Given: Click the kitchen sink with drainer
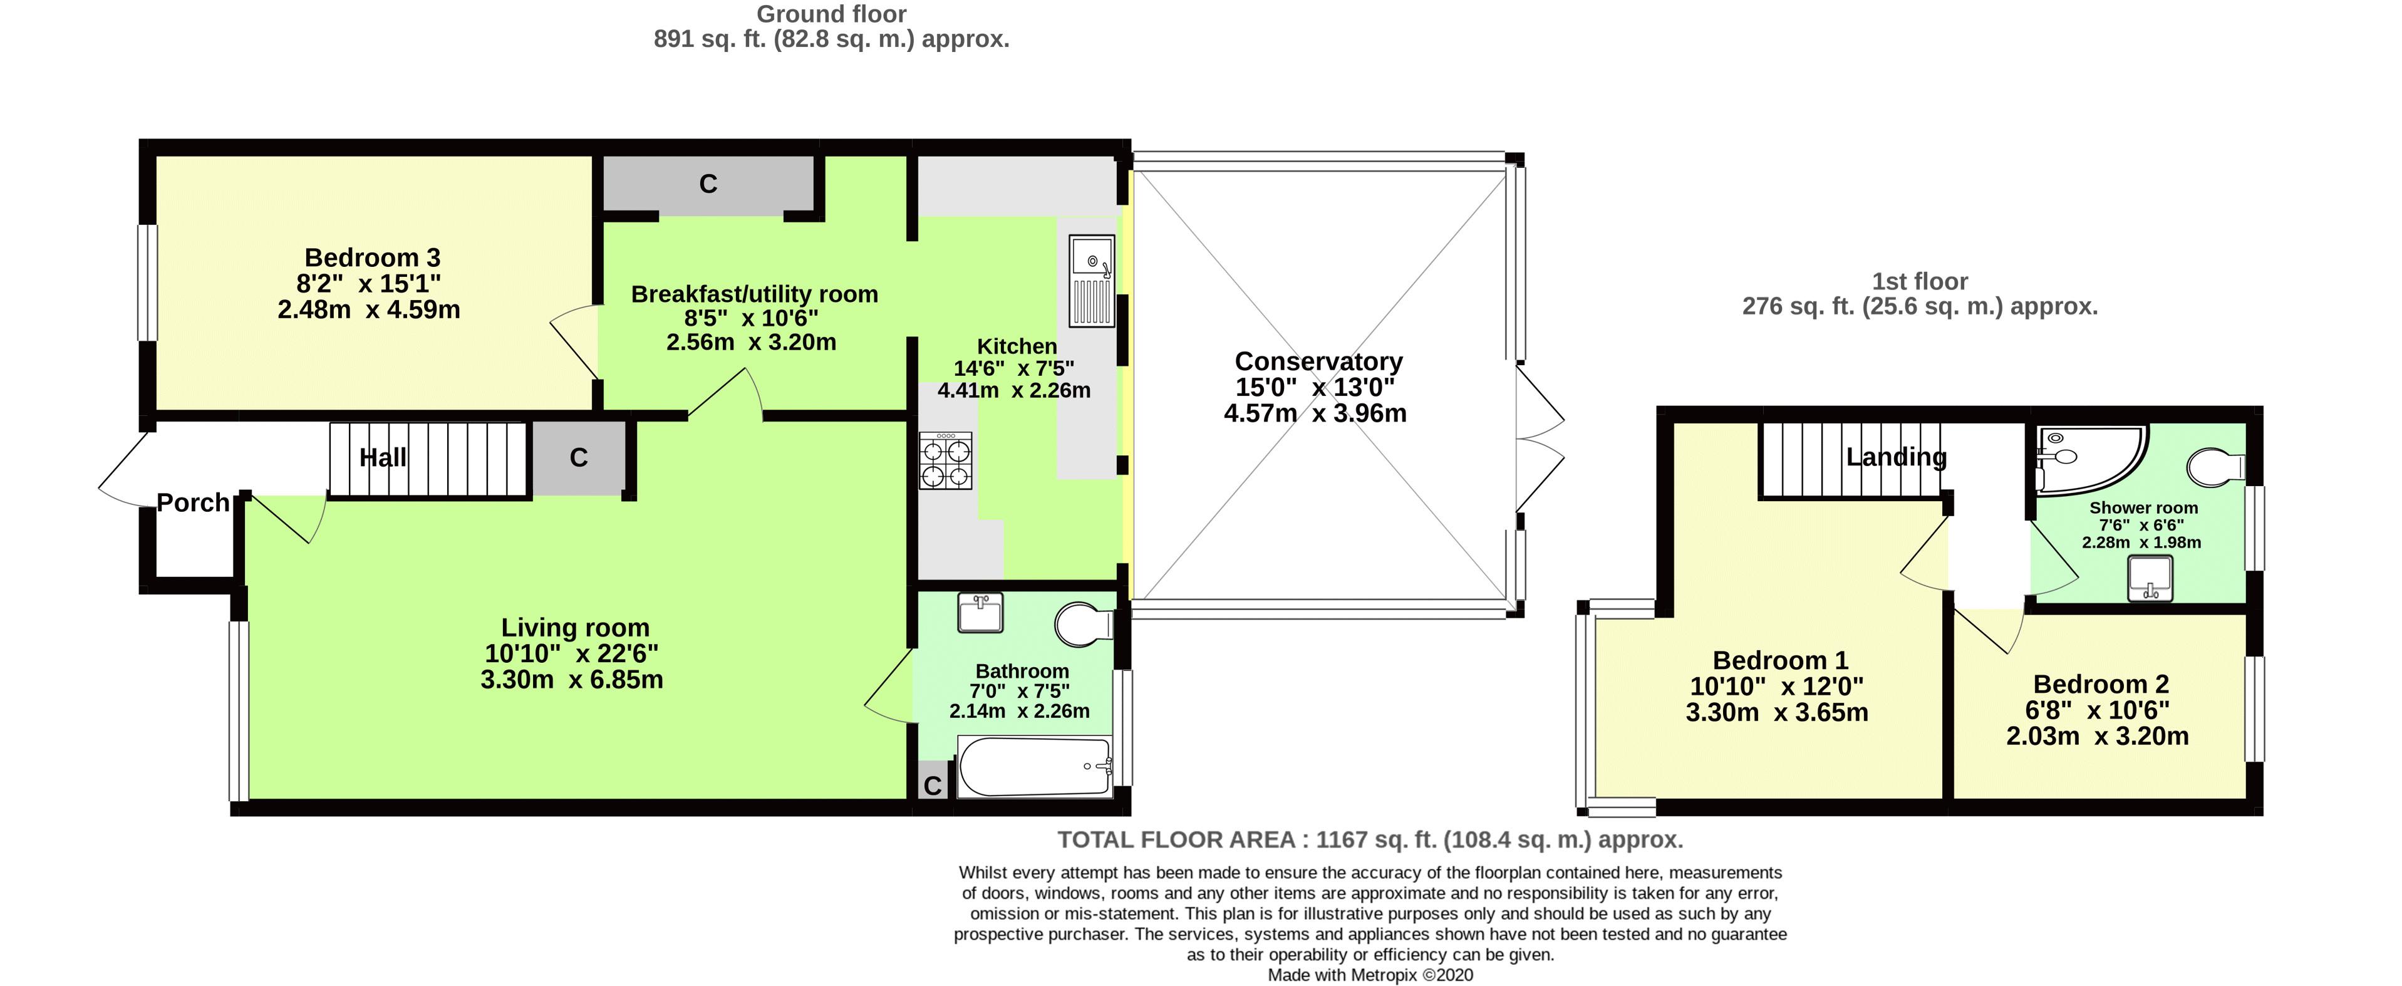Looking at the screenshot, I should click(x=1091, y=281).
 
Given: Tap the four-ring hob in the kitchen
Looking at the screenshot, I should click(x=946, y=461).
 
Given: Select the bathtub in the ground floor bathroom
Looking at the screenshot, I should click(x=1034, y=767).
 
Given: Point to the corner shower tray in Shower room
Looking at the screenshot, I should click(x=2087, y=457).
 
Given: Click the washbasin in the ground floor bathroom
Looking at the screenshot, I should click(x=980, y=613).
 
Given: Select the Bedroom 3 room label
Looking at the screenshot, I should click(x=372, y=258).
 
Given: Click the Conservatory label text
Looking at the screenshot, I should click(x=1318, y=362).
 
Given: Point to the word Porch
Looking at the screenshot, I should click(x=193, y=503).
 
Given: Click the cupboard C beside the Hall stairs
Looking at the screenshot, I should click(x=578, y=458).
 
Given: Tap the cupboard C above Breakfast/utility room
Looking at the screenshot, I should click(x=708, y=184).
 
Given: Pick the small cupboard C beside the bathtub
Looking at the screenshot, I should click(x=931, y=786).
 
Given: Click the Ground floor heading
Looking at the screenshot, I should click(x=831, y=14).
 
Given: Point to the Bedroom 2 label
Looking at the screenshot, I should click(x=2100, y=685).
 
